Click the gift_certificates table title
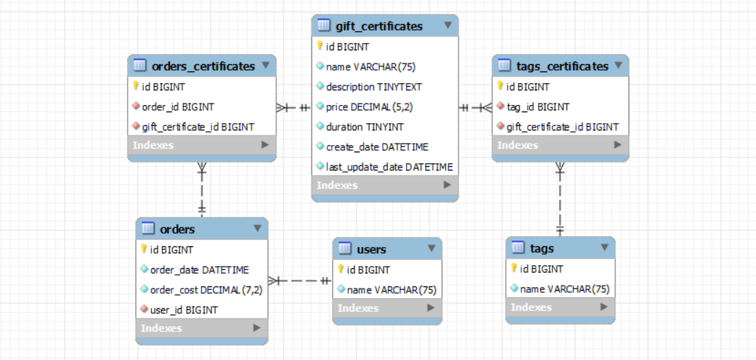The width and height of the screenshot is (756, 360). pyautogui.click(x=378, y=26)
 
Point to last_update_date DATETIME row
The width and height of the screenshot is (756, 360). pyautogui.click(x=389, y=167)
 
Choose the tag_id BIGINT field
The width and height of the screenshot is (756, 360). pyautogui.click(x=537, y=106)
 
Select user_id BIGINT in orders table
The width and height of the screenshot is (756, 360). pyautogui.click(x=184, y=310)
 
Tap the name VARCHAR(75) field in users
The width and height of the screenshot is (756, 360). pyautogui.click(x=391, y=289)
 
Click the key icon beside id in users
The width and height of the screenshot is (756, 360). pyautogui.click(x=340, y=270)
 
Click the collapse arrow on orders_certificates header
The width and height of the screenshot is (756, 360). pyautogui.click(x=265, y=66)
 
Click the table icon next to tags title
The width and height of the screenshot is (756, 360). pyautogui.click(x=518, y=249)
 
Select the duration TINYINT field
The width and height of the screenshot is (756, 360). pyautogui.click(x=364, y=127)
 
